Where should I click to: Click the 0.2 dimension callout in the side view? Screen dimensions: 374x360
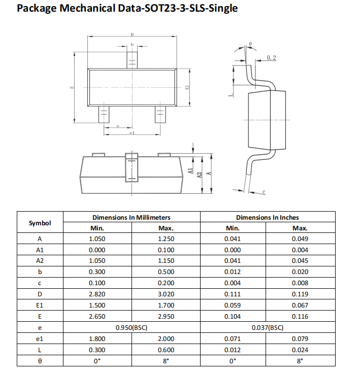point(271,58)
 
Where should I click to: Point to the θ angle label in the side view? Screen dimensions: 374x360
point(251,45)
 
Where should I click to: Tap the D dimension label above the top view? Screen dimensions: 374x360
point(132,35)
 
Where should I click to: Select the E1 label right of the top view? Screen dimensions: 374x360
point(187,87)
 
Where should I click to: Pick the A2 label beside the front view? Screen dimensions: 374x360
point(200,174)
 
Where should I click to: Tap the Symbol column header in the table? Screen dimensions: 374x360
point(40,223)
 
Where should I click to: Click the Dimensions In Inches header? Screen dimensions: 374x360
point(268,217)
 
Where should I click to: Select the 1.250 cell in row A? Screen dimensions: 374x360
point(166,239)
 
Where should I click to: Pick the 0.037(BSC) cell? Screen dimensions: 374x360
point(268,327)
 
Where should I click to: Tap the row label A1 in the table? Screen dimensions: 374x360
point(40,250)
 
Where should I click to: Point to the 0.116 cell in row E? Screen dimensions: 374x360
point(300,316)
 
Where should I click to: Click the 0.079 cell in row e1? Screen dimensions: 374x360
point(300,338)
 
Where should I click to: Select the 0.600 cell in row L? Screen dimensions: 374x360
point(166,350)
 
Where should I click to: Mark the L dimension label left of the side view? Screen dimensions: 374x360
point(230,94)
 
